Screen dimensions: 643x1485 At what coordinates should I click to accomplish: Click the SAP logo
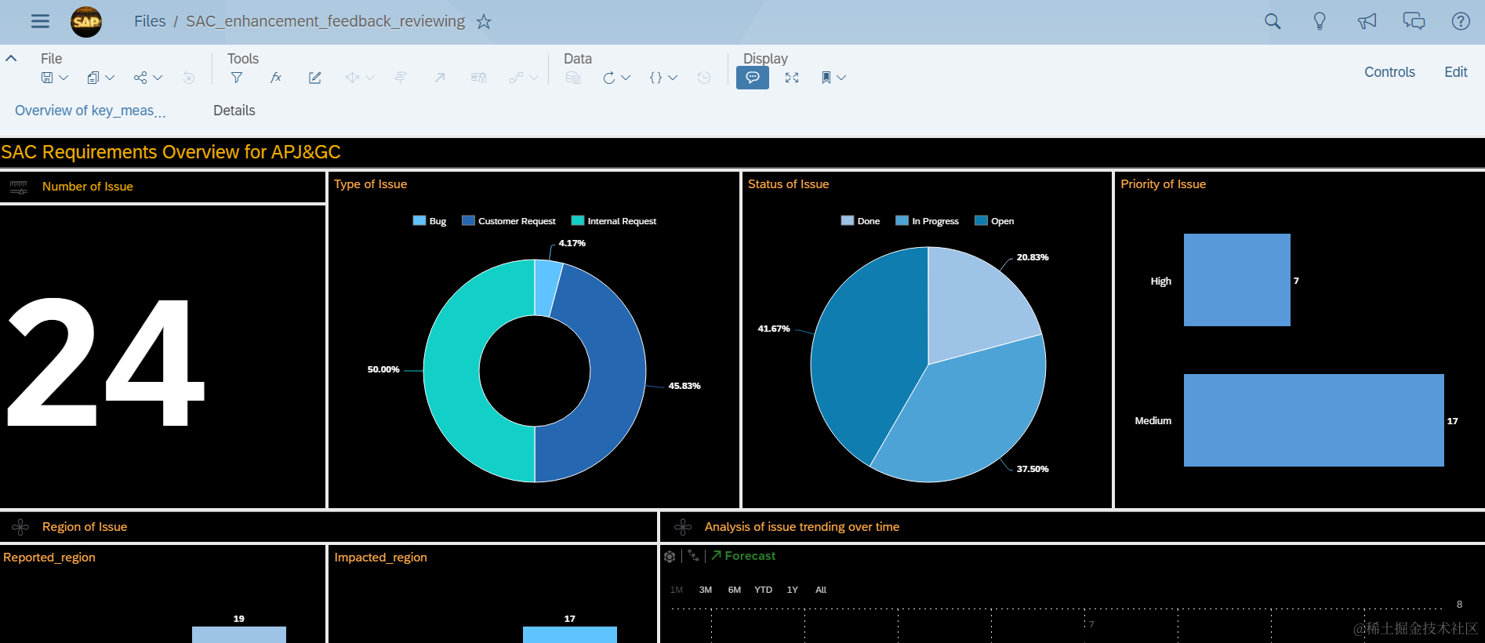point(86,22)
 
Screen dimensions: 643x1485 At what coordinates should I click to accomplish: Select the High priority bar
point(1236,280)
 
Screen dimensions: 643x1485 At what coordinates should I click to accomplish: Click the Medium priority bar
point(1313,420)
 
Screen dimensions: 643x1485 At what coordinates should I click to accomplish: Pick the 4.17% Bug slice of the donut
point(547,288)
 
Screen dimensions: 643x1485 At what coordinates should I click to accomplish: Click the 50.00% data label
point(383,369)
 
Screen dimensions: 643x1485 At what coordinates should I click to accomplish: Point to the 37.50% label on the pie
point(1032,469)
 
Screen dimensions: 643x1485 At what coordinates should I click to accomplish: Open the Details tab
point(234,111)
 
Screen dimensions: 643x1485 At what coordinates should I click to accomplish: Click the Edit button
point(1455,72)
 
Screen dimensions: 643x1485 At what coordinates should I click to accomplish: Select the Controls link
point(1389,72)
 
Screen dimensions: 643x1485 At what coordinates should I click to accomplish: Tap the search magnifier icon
point(1273,22)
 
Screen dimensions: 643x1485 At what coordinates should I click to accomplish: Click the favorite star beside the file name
point(484,22)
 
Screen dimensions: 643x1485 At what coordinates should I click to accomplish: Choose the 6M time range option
point(734,590)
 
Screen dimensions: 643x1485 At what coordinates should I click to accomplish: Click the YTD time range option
point(763,590)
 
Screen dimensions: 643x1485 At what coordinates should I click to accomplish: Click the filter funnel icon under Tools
point(236,78)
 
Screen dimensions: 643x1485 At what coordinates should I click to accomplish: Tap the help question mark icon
point(1460,22)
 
